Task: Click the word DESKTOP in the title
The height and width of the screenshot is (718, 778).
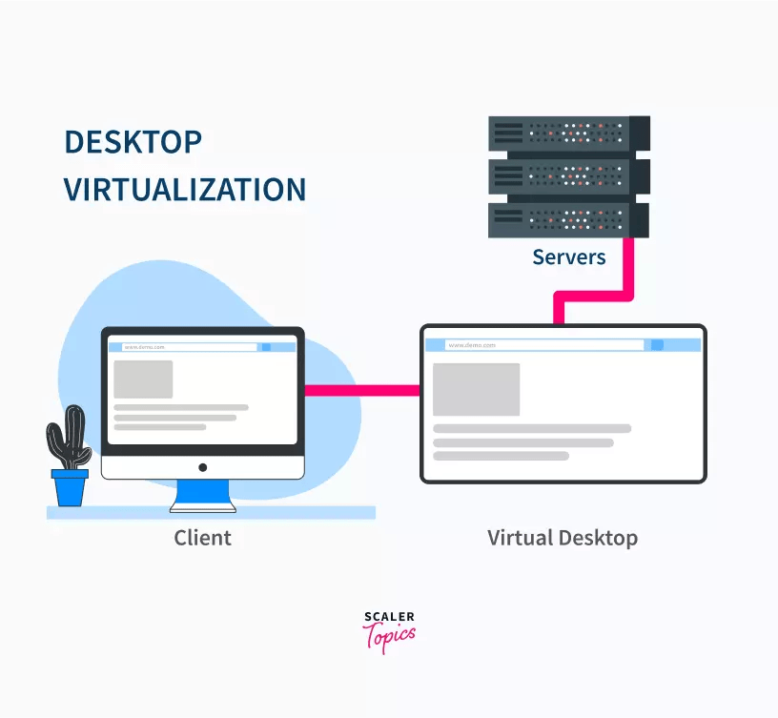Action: tap(133, 142)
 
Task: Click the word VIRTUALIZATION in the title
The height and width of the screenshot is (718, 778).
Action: tap(185, 189)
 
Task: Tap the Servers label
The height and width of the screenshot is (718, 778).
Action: tap(568, 256)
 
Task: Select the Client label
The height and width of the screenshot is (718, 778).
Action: tap(202, 538)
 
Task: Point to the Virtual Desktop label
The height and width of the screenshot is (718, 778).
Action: tap(563, 538)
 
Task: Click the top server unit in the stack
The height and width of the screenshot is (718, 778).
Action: tap(568, 133)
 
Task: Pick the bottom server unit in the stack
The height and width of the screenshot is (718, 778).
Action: tap(568, 219)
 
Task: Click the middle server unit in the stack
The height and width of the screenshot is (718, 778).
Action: tap(568, 176)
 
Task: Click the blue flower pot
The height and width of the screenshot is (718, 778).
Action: tap(70, 486)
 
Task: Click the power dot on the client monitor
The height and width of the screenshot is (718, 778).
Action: tap(202, 467)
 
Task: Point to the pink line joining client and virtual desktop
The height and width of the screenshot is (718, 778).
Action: tap(362, 390)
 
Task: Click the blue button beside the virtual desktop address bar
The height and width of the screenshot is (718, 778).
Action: tap(657, 345)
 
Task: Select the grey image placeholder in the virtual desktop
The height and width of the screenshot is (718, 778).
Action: tap(476, 389)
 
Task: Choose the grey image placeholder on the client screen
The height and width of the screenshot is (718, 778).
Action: tap(143, 379)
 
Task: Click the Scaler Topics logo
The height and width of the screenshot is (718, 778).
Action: tap(389, 631)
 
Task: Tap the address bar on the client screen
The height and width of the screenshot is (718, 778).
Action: tap(182, 347)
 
